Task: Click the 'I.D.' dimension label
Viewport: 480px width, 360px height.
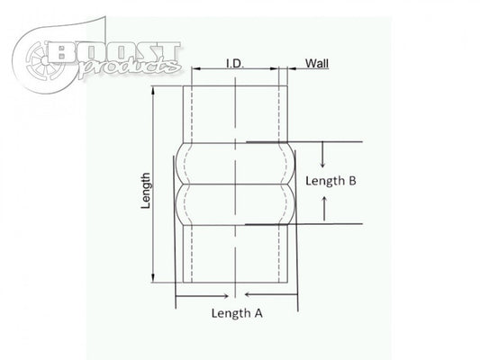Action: (237, 64)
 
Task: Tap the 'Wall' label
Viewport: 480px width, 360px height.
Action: (316, 63)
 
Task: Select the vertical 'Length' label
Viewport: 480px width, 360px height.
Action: (146, 192)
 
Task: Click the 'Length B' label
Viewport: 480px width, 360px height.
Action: (331, 180)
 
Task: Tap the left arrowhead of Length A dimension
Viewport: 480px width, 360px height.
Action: (179, 293)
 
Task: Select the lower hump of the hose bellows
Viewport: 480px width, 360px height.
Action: (236, 205)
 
